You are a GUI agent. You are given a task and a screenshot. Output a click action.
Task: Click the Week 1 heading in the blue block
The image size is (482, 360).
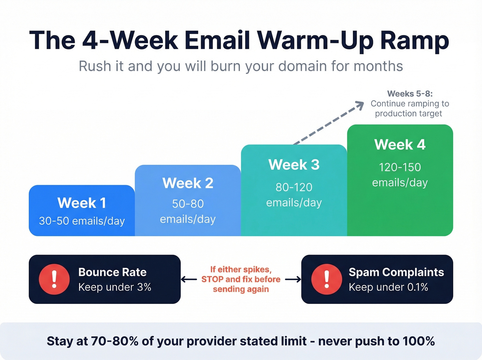[x=82, y=203]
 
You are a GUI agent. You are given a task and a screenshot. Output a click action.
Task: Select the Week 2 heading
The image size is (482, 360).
[x=188, y=183]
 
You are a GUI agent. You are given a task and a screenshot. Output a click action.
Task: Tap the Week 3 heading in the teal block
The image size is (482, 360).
[x=294, y=165]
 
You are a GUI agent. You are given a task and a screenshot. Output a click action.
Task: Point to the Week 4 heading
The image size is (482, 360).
[x=400, y=145]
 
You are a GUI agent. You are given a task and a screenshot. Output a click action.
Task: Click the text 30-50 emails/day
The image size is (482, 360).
[x=82, y=221]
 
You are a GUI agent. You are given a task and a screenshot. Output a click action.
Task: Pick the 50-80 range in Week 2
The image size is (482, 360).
[x=188, y=204]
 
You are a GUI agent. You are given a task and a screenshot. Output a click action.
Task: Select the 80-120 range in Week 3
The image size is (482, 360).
[x=294, y=187]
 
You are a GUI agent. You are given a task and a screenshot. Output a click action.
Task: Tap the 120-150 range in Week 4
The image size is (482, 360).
[x=400, y=167]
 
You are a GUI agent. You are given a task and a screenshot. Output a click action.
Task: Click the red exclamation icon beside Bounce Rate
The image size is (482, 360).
[x=54, y=279]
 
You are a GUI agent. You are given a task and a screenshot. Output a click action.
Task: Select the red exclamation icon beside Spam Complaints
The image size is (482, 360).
[x=326, y=279]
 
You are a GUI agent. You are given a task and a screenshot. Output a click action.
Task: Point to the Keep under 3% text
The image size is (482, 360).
[x=115, y=287]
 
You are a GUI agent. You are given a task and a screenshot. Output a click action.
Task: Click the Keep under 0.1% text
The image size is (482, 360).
[x=388, y=287]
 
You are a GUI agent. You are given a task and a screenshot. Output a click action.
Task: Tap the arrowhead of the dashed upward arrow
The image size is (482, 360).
[x=360, y=105]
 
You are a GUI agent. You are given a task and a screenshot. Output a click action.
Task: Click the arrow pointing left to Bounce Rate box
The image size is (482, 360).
[x=189, y=279]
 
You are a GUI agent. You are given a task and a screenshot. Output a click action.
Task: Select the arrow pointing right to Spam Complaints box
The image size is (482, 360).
[x=293, y=279]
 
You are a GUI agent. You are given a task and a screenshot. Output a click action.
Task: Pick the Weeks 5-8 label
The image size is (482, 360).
[x=410, y=94]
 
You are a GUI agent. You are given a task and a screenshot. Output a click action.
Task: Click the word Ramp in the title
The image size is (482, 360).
[x=415, y=41]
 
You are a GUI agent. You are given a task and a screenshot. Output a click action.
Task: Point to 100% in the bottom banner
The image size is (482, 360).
[x=418, y=341]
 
